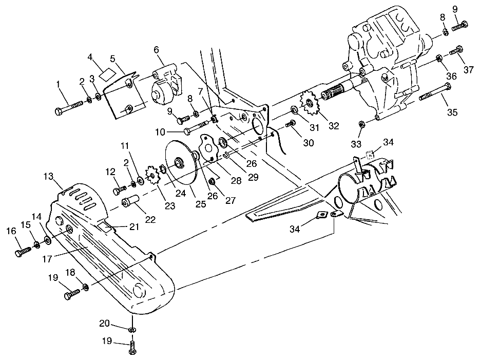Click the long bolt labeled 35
tap(434, 93)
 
